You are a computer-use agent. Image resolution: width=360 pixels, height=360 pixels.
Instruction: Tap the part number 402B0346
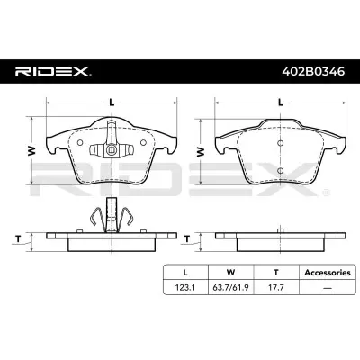pyautogui.click(x=314, y=71)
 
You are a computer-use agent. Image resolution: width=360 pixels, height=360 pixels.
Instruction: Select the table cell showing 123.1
pyautogui.click(x=185, y=287)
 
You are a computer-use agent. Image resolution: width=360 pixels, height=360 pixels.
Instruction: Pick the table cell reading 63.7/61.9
pyautogui.click(x=230, y=287)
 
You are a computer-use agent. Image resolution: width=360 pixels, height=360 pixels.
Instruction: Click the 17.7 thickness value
pyautogui.click(x=276, y=287)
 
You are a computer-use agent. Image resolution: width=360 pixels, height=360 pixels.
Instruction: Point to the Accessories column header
pyautogui.click(x=328, y=273)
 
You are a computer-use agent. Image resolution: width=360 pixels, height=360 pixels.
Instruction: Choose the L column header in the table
pyautogui.click(x=185, y=273)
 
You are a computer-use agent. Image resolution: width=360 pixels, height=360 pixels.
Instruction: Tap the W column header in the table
pyautogui.click(x=230, y=273)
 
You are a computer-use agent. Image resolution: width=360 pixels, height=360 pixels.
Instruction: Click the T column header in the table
pyautogui.click(x=276, y=273)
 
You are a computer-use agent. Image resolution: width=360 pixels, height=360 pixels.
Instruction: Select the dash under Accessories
pyautogui.click(x=328, y=288)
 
